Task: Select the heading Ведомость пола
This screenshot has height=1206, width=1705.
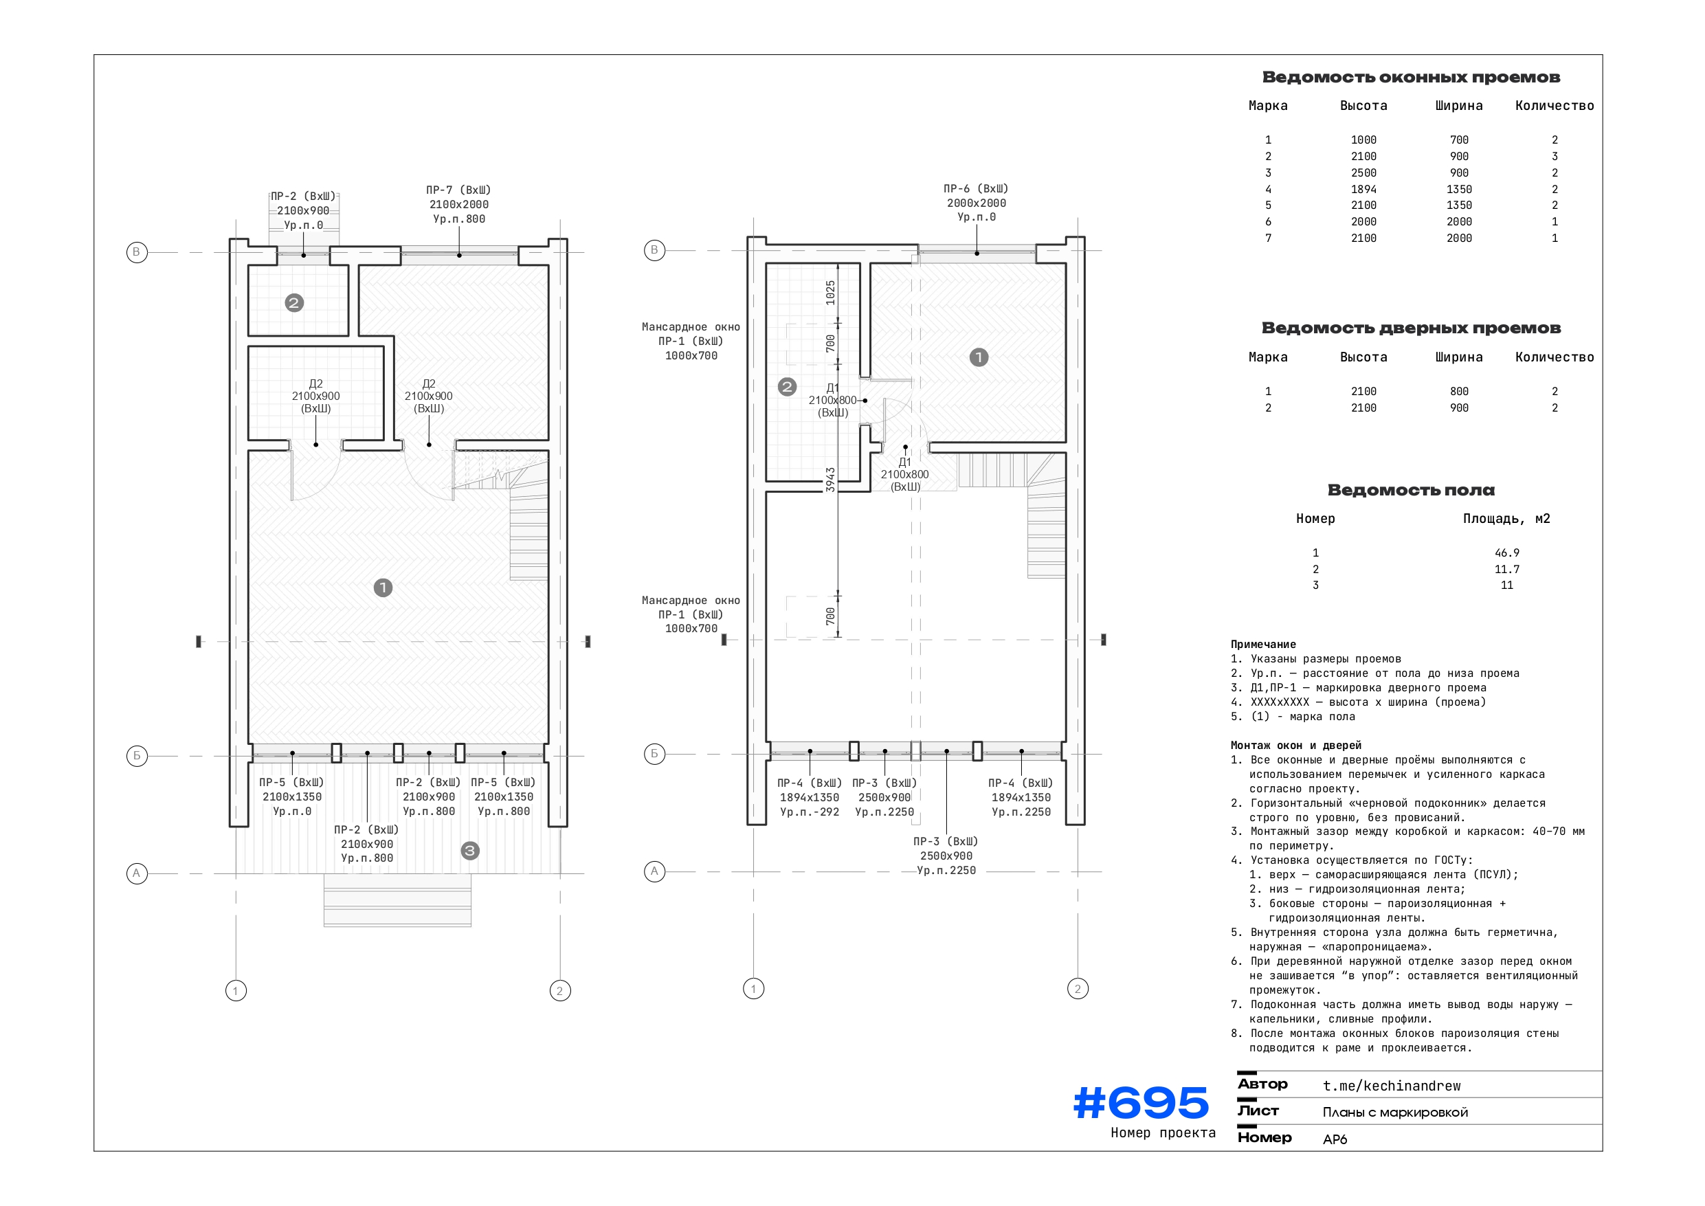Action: click(1410, 490)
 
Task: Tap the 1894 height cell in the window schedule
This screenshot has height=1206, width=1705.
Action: click(1363, 190)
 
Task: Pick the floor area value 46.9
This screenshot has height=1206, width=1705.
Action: click(1506, 553)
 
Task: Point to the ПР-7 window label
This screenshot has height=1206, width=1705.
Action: click(458, 190)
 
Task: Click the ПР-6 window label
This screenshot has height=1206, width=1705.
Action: click(976, 188)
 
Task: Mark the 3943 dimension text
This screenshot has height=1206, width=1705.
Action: click(830, 480)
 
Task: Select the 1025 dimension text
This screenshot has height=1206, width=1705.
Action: click(830, 293)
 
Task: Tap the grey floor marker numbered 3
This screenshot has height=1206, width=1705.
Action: click(469, 851)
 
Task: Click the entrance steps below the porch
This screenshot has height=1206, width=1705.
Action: click(397, 900)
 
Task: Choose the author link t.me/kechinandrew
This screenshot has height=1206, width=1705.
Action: click(1391, 1086)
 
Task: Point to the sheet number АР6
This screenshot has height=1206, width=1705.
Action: click(1335, 1139)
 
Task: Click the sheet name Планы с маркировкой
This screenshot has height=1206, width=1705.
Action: click(1394, 1113)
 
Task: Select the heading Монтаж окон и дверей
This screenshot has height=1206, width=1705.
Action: click(1296, 746)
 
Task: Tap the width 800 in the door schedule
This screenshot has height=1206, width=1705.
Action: click(1458, 392)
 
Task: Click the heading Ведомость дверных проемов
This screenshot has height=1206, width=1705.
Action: click(1410, 328)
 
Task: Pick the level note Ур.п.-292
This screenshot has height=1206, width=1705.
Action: click(809, 812)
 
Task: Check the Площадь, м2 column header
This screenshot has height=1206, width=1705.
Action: click(1506, 519)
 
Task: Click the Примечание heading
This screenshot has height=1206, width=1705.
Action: click(1262, 645)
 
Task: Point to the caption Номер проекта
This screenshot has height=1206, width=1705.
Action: click(1163, 1133)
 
